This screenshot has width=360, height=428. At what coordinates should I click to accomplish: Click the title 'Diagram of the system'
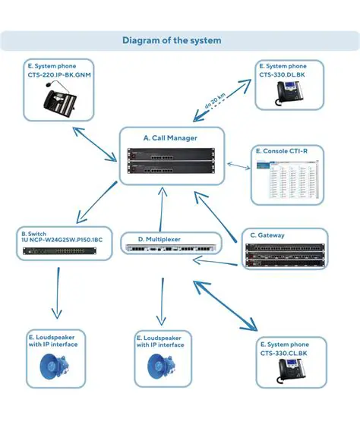pos(172,40)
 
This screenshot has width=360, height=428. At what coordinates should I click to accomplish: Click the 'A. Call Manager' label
pos(171,138)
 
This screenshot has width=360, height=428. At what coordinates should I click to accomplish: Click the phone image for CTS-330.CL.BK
pos(291,372)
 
